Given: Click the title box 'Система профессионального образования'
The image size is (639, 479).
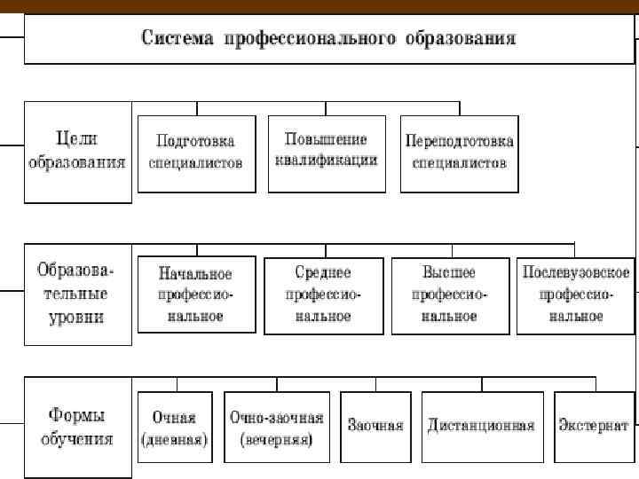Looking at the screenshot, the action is point(329,40).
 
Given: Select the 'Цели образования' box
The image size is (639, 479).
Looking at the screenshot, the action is point(77,152).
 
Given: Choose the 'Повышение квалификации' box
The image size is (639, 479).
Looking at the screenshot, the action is point(327,153).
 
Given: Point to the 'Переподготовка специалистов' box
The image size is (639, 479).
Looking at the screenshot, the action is point(459,153).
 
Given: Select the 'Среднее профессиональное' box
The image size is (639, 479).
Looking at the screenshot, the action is point(324,294).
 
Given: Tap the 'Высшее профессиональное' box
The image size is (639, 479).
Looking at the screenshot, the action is point(450,294).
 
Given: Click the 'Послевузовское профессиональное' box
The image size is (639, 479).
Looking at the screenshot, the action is point(576,294).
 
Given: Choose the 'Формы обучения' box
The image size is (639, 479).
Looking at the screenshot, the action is point(77,428).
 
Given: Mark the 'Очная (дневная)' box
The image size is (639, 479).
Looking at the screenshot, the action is point(174,427).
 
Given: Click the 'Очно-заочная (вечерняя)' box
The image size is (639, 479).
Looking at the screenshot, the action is point(276,427).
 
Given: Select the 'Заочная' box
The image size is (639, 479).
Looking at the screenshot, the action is point(375,427).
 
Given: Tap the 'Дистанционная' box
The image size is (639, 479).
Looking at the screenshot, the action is point(481,427).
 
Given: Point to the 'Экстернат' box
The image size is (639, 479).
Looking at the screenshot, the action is point(594,427).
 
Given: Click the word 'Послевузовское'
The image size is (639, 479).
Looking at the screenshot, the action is point(576,272).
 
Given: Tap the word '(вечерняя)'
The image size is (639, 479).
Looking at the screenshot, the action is point(276,441).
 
